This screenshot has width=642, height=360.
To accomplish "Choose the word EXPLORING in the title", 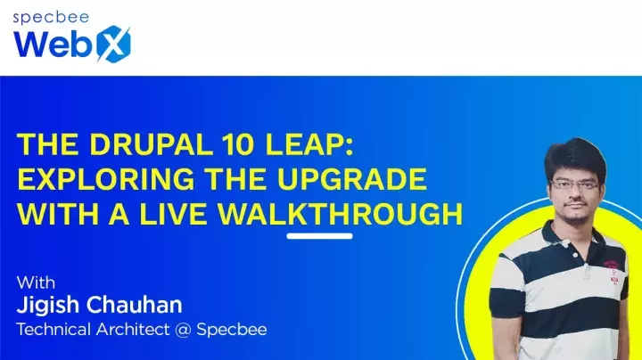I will (100, 179).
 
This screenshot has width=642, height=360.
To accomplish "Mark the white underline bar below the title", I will (319, 236).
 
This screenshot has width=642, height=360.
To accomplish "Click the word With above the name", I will (36, 282).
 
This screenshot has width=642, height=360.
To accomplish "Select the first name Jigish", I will (48, 306).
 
